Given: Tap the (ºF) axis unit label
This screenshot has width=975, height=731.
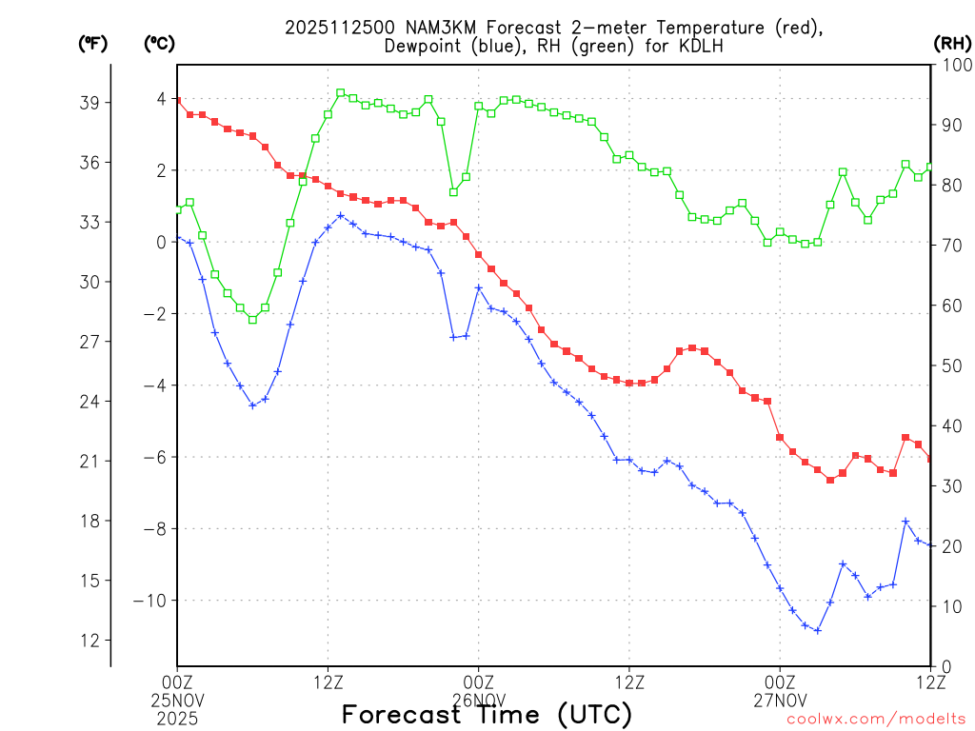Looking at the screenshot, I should pyautogui.click(x=92, y=43).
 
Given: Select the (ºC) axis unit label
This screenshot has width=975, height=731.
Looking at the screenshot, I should pyautogui.click(x=158, y=43).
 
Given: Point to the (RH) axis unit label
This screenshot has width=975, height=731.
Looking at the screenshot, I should pyautogui.click(x=952, y=43).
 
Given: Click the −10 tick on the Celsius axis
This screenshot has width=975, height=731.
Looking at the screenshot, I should pyautogui.click(x=151, y=601).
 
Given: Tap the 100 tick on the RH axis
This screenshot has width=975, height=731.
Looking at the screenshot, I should pyautogui.click(x=952, y=65).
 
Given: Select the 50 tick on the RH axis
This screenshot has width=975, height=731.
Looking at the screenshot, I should pyautogui.click(x=948, y=365).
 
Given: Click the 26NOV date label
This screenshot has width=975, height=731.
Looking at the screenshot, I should pyautogui.click(x=478, y=698).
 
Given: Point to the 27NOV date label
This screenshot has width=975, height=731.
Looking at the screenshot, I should pyautogui.click(x=780, y=698).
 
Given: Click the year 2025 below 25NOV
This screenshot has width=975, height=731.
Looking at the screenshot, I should pyautogui.click(x=177, y=715).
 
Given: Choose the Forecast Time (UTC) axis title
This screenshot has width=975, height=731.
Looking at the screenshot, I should pyautogui.click(x=487, y=714).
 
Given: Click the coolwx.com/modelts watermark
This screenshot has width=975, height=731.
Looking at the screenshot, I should pyautogui.click(x=876, y=719).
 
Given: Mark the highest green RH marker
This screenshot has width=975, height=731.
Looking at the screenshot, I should pyautogui.click(x=340, y=93).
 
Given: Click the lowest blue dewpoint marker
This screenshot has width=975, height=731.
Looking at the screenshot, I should pyautogui.click(x=817, y=630).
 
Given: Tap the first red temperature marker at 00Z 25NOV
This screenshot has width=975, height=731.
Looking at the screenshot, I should pyautogui.click(x=177, y=101).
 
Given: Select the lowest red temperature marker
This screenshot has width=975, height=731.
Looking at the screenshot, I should pyautogui.click(x=830, y=480).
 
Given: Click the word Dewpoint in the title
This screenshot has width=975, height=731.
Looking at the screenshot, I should pyautogui.click(x=424, y=47).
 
